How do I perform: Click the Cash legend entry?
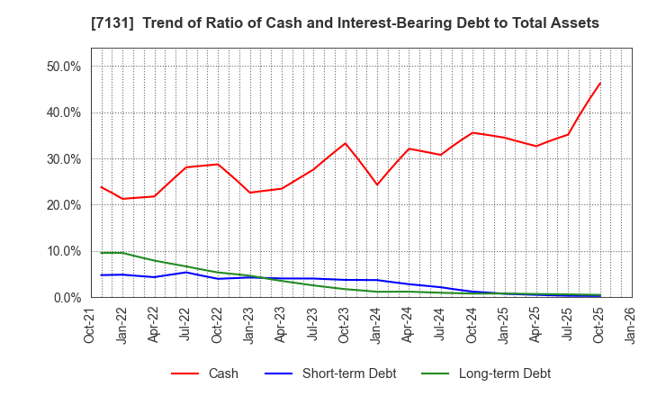tap(222, 373)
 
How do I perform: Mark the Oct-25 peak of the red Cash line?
tap(599, 83)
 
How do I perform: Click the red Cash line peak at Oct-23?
tap(345, 143)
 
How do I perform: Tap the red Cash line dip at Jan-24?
tap(377, 185)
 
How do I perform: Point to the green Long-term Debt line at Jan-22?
tap(122, 253)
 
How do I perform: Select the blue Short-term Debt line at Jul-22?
tap(185, 272)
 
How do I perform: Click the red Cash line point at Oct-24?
tap(472, 133)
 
